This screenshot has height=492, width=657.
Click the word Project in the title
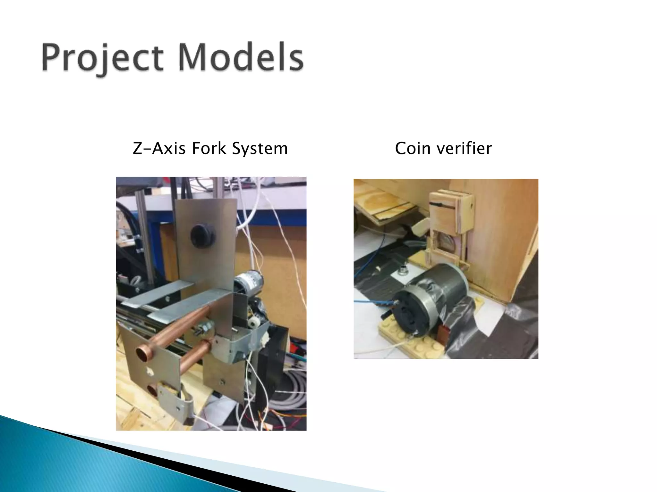click(102, 58)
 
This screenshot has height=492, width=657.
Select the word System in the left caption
click(260, 148)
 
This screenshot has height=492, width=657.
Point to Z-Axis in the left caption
click(159, 148)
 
